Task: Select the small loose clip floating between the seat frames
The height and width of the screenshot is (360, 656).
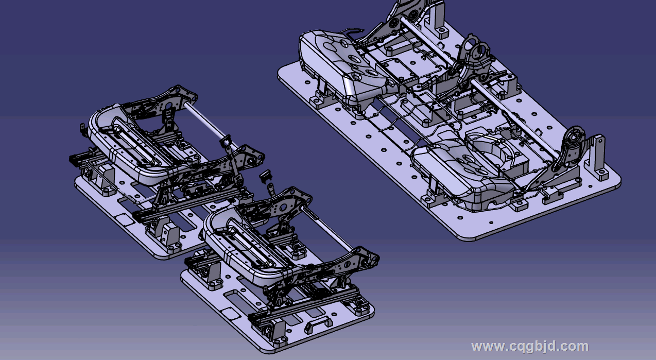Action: coord(265,176)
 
